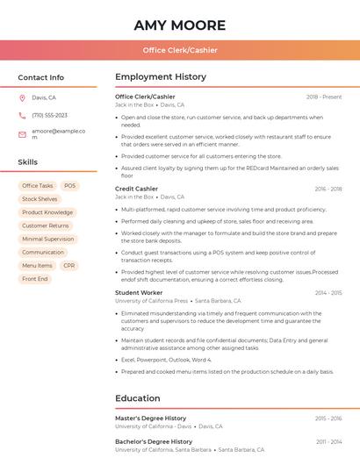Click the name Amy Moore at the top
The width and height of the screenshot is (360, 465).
coord(180,25)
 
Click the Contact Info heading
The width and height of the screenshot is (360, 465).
coord(40,77)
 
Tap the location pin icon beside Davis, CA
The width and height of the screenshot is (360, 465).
coord(22,98)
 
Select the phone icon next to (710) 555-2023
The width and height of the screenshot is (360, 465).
coord(22,115)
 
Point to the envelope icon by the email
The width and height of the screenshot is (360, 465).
coord(22,133)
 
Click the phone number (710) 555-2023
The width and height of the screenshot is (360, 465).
coord(49,115)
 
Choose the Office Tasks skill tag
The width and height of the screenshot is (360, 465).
coord(37,186)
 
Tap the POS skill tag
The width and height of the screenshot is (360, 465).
coord(70,186)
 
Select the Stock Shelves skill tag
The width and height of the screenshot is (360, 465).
coord(40,199)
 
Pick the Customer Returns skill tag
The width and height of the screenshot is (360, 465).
coord(46,225)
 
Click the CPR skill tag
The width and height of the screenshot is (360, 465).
coord(69,265)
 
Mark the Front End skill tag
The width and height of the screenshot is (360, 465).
coord(35,279)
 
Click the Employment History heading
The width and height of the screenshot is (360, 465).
coord(160,77)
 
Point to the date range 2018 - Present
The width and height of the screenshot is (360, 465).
coord(324,97)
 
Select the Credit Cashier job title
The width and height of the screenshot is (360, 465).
coord(136,189)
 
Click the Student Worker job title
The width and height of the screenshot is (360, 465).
coord(139,292)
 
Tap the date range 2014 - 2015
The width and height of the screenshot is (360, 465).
coord(328,292)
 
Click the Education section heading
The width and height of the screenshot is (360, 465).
coord(137,398)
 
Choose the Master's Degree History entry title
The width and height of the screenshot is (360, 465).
coord(150,418)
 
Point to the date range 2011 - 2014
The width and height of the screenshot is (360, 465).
coord(328,441)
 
